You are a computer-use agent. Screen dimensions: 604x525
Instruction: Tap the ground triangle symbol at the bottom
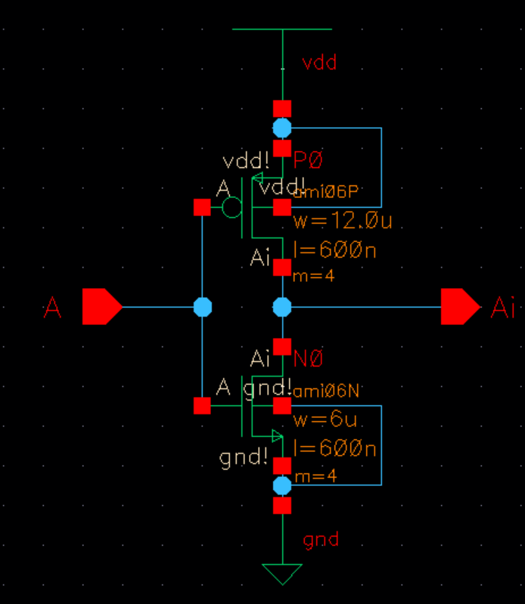[282, 573]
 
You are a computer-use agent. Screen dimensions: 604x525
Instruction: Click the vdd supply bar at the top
[282, 29]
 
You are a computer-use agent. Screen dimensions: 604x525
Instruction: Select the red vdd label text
[319, 63]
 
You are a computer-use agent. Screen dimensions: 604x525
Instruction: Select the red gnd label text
[321, 540]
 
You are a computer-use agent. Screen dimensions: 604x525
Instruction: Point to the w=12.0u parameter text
[342, 221]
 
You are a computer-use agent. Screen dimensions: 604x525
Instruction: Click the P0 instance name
[308, 160]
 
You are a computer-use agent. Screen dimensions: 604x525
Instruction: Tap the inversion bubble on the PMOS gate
[232, 206]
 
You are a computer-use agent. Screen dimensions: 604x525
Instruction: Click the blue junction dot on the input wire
[202, 307]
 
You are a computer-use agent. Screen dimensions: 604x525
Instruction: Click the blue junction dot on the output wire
[282, 307]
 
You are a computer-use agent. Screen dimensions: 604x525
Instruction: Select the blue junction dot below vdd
[282, 128]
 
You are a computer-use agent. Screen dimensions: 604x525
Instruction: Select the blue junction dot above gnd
[282, 485]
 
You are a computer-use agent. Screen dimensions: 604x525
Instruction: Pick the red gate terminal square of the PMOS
[202, 207]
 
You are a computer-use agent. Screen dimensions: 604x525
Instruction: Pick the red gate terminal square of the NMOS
[202, 406]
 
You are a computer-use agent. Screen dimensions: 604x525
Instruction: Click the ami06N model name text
[326, 391]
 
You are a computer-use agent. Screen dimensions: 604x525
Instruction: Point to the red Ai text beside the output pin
[503, 308]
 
